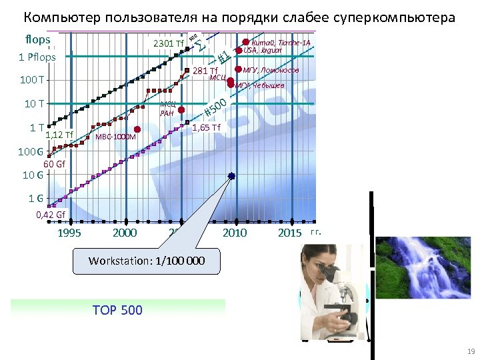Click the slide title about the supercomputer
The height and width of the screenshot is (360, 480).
click(x=239, y=17)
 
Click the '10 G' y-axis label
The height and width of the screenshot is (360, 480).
click(x=33, y=176)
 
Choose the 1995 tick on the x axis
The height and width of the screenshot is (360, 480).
click(x=70, y=233)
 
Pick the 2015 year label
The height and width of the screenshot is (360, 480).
click(x=290, y=233)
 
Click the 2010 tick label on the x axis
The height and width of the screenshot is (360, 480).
click(x=234, y=233)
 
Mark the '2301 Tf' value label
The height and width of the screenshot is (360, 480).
click(x=169, y=44)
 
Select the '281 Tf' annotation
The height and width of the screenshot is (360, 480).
click(x=205, y=71)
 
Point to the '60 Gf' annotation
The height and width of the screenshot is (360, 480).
click(x=55, y=164)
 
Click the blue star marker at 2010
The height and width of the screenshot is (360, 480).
click(x=231, y=176)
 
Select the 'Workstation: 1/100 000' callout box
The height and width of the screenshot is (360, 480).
click(x=146, y=261)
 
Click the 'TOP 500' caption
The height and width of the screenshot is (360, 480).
click(x=118, y=309)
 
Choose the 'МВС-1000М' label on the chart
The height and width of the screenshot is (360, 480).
click(x=116, y=137)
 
